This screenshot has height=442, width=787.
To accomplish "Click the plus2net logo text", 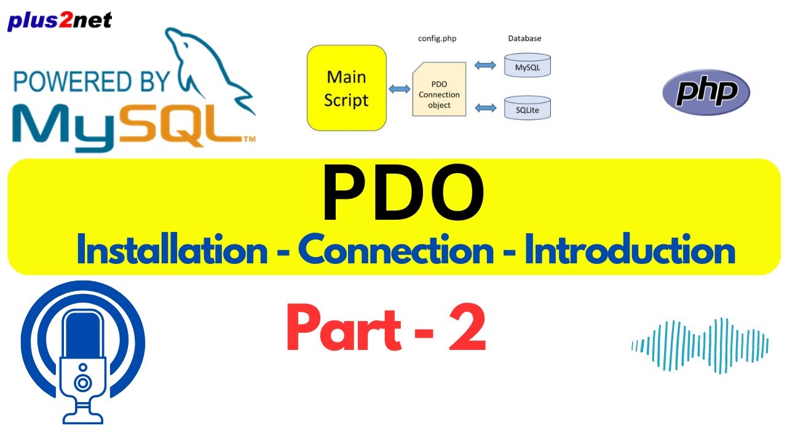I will point(60,21).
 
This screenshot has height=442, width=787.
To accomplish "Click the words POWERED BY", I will point(92,83).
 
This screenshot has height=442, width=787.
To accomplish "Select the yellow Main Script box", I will point(347,88).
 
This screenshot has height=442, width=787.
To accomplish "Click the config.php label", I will point(437,39).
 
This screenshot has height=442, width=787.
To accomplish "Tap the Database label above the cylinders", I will point(524,39).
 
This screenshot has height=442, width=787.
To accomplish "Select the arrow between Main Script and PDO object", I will point(400,89).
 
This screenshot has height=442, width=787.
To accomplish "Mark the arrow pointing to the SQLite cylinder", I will point(486,108).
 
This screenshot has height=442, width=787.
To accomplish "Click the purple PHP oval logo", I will point(706,93).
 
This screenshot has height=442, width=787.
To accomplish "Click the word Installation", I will point(172,252).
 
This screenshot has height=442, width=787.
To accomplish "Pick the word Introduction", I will point(630,252).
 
